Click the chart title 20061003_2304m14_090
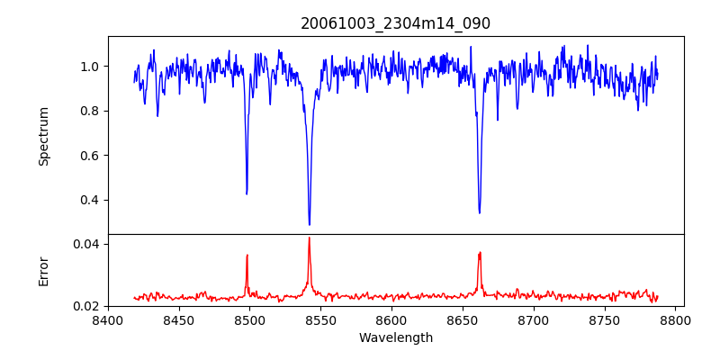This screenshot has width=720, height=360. (396, 23)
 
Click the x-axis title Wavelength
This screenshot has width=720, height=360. (396, 337)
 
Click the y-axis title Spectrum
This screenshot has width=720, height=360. (44, 136)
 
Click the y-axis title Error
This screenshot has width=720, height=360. (44, 271)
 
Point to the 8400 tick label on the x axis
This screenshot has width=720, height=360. (108, 319)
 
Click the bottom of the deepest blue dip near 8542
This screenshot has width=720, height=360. (310, 224)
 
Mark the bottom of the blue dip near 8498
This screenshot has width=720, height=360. (247, 193)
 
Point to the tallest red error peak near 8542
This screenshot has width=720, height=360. (309, 238)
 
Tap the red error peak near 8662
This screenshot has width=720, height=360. (480, 252)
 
